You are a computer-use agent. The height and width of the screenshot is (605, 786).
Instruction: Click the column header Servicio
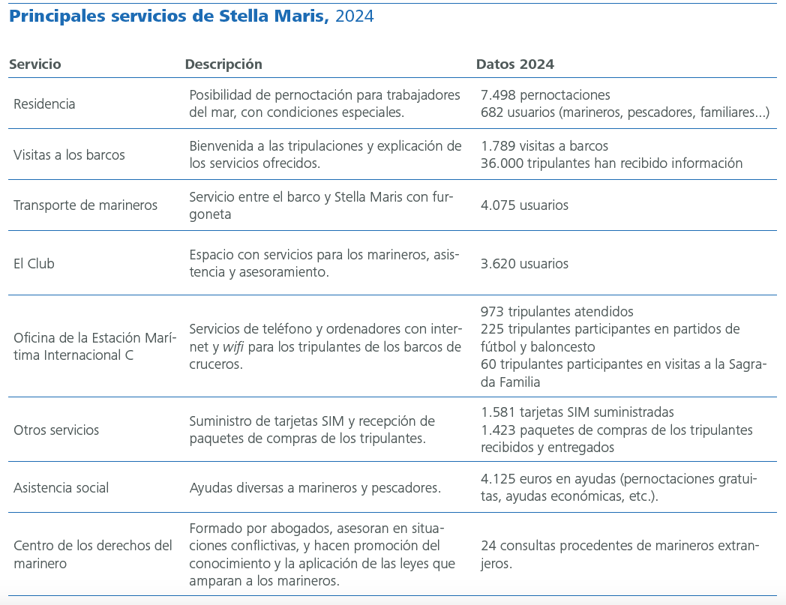(x=34, y=64)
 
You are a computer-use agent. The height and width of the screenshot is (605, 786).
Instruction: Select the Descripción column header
(x=223, y=64)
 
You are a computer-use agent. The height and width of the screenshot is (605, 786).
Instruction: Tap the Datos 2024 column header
(x=515, y=64)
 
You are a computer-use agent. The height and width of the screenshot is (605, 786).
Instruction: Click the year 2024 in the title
(x=354, y=16)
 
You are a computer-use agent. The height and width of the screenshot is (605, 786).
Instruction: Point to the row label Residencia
(x=44, y=104)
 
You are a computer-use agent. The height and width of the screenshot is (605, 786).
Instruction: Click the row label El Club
(x=34, y=264)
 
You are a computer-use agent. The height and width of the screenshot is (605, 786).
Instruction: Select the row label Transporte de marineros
(x=85, y=205)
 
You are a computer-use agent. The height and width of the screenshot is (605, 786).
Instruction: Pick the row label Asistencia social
(x=61, y=488)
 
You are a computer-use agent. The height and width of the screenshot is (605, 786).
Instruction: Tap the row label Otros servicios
(x=56, y=430)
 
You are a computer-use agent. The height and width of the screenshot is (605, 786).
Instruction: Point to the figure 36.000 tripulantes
(x=501, y=163)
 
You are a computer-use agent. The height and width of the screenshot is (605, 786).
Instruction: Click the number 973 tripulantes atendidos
(x=492, y=312)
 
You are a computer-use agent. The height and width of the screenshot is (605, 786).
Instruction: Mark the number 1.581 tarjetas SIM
(x=498, y=412)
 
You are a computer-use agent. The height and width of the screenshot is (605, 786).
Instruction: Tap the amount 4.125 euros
(x=498, y=478)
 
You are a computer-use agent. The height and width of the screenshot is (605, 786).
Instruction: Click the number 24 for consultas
(x=487, y=546)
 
